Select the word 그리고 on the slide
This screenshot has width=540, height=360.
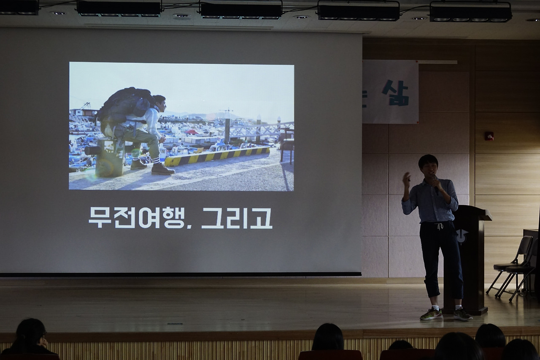click(x=237, y=218)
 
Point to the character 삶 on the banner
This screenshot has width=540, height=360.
click(x=395, y=92)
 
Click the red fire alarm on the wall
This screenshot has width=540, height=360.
click(x=489, y=136)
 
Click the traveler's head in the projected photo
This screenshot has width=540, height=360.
click(x=159, y=103)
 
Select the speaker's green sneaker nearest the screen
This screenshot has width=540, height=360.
click(x=431, y=314)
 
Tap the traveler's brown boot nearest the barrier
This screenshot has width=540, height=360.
click(x=162, y=169)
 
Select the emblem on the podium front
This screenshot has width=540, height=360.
click(x=461, y=235)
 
